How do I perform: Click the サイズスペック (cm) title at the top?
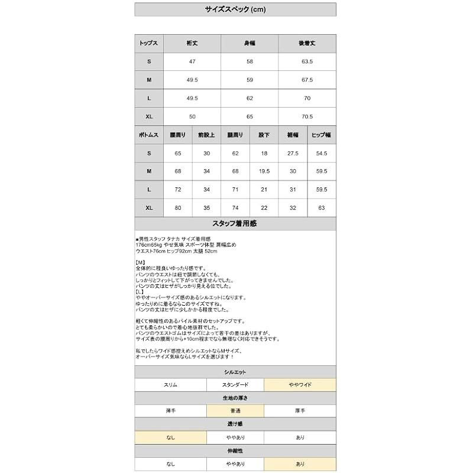tap(235, 9)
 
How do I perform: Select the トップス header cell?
tap(149, 44)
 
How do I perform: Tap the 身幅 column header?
tap(250, 44)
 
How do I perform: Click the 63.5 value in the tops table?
tap(307, 61)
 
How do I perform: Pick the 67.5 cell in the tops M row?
tap(307, 79)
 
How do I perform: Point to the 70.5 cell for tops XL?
tap(307, 116)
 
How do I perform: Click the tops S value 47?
tap(192, 61)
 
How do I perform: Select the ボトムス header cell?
tap(149, 135)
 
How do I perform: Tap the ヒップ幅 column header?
tap(321, 135)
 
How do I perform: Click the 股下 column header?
tap(264, 135)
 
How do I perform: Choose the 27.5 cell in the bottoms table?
tap(292, 153)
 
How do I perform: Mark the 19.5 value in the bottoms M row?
tap(264, 171)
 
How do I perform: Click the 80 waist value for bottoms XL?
tap(178, 208)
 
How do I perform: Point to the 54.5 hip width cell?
tap(321, 153)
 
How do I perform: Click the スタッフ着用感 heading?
tap(235, 223)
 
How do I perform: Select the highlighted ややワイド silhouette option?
tap(300, 385)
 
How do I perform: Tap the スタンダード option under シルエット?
tap(235, 385)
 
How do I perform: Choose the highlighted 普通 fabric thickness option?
tap(235, 411)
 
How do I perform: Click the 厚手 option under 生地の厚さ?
tap(300, 411)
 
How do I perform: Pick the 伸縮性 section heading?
tap(235, 451)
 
